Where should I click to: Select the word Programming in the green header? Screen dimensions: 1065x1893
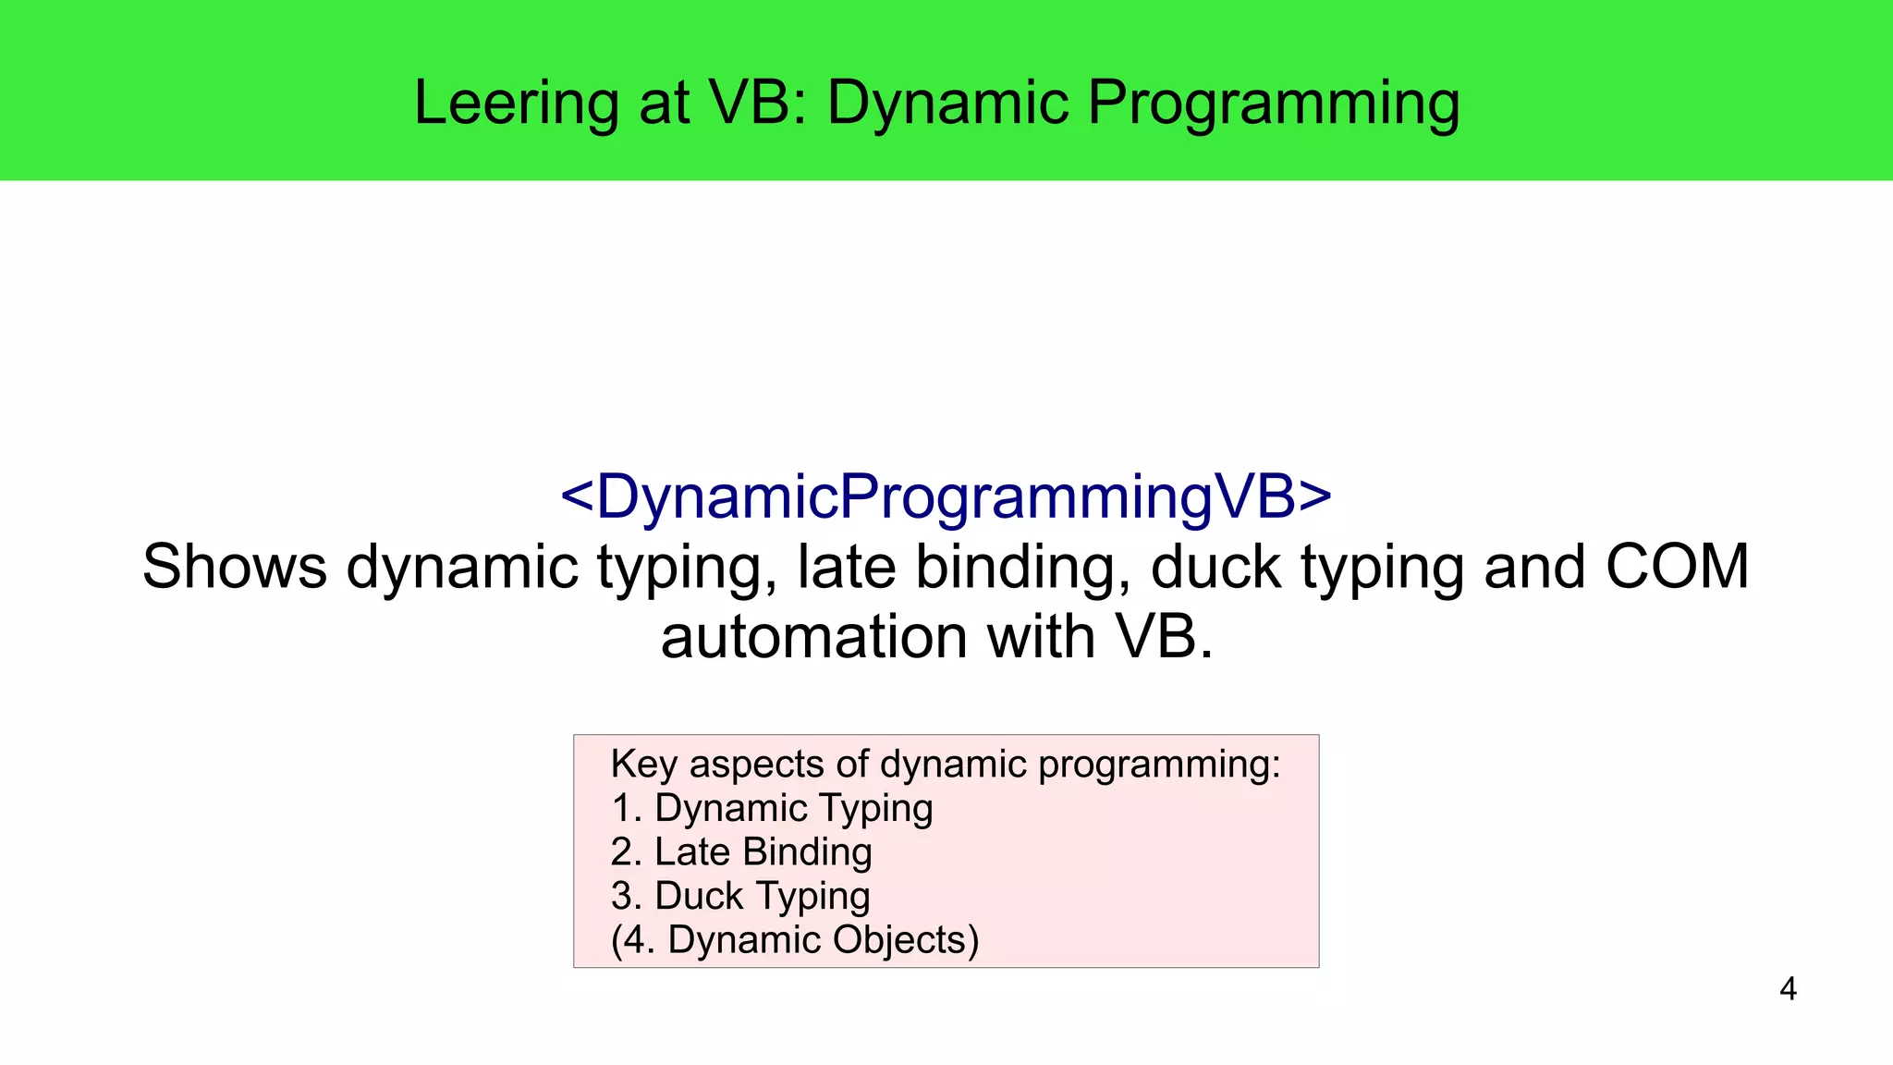click(1273, 103)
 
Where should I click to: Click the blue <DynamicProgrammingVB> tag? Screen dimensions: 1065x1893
click(946, 496)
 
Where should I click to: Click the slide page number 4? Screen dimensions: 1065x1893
click(1788, 989)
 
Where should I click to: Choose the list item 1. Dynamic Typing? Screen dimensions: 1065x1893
click(772, 808)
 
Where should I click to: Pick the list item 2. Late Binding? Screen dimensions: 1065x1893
click(741, 851)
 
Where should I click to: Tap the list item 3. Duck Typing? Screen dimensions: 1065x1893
click(740, 896)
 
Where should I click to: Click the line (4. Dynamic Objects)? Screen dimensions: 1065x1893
click(794, 940)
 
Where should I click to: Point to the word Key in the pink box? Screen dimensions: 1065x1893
click(643, 765)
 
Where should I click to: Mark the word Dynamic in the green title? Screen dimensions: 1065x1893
click(946, 103)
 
